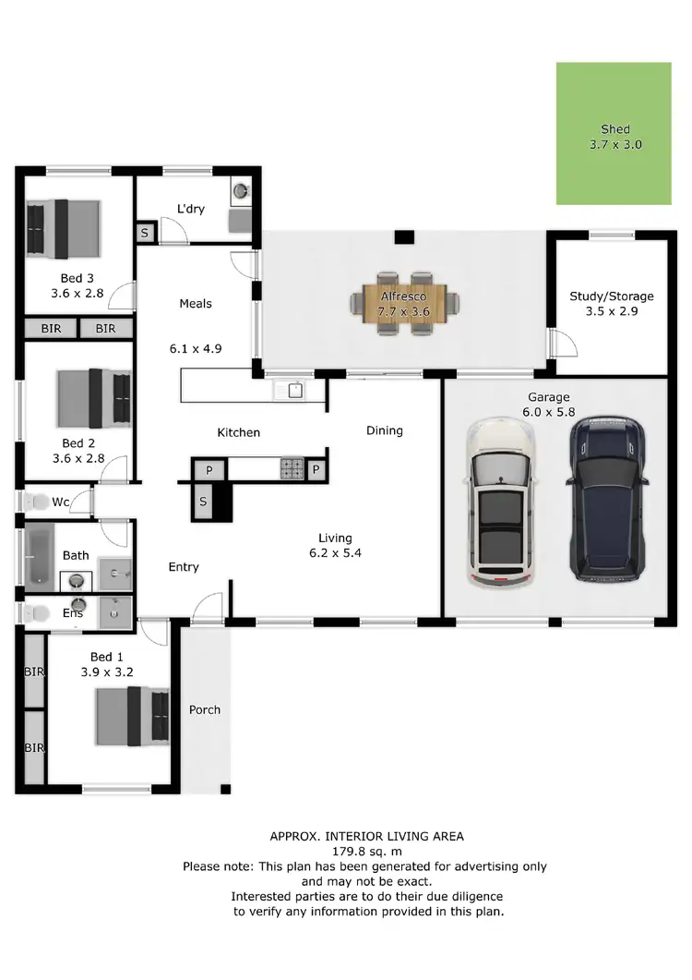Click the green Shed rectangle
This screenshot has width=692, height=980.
(x=614, y=134)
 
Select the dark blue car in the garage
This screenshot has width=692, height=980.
(x=607, y=499)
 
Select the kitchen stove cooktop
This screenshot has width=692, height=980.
(x=292, y=469)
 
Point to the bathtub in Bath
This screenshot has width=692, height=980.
(x=41, y=555)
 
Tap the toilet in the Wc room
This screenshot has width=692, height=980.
(x=37, y=503)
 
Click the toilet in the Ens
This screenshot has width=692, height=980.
(x=37, y=612)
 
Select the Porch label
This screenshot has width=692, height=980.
(x=205, y=709)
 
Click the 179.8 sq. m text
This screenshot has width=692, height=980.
(x=366, y=852)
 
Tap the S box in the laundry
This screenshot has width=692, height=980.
(x=146, y=234)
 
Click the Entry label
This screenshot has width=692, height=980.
(x=184, y=567)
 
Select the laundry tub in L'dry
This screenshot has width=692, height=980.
(x=240, y=191)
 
